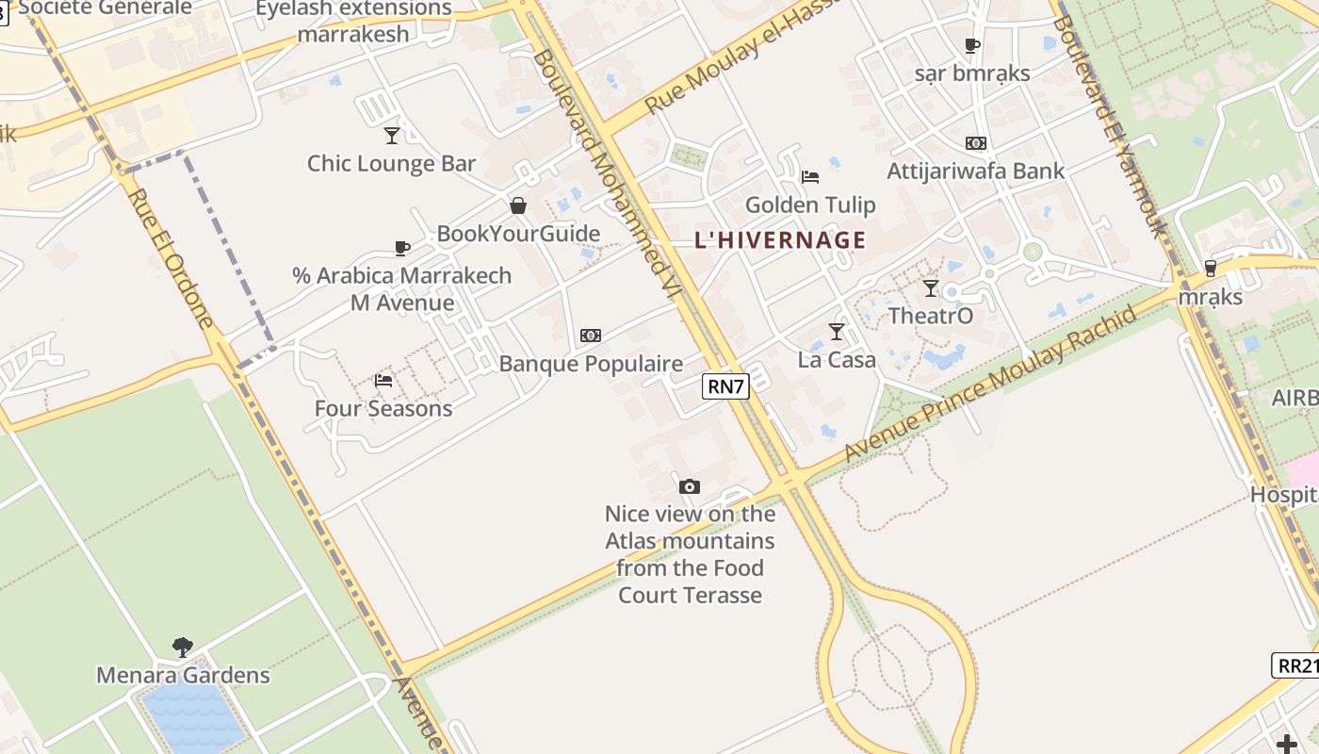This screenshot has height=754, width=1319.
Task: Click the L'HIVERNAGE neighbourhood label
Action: tap(779, 239)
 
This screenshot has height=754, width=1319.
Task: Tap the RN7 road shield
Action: tap(725, 385)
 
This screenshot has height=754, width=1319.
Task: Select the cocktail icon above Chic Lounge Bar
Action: tap(392, 136)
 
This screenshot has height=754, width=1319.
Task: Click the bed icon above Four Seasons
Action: tap(383, 381)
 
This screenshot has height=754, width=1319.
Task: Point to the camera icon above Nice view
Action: tap(690, 486)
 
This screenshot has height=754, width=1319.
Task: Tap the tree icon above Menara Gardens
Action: tap(183, 647)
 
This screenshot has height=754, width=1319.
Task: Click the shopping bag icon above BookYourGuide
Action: tap(518, 205)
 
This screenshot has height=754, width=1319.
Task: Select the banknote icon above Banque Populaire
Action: tap(591, 336)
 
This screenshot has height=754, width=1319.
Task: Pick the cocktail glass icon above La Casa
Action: tap(836, 331)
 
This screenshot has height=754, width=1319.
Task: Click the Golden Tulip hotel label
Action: tap(810, 205)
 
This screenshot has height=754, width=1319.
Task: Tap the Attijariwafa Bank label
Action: tap(975, 171)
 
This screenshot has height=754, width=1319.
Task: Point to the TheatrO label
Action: tap(931, 316)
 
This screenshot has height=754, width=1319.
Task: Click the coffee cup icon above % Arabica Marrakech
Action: tap(402, 249)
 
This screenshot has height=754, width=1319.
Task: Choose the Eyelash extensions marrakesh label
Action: tap(353, 21)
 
